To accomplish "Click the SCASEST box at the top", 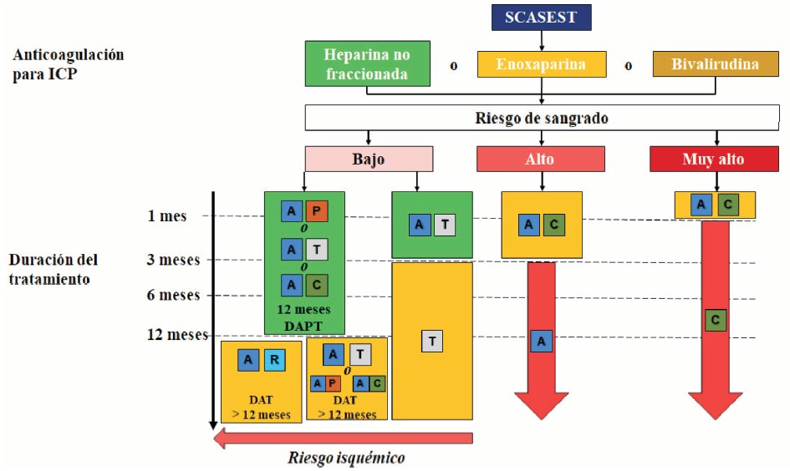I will [541, 18].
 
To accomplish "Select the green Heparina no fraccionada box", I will [368, 64].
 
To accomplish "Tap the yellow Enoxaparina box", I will [542, 64].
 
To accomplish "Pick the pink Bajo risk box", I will [368, 159].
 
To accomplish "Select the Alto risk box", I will [541, 159].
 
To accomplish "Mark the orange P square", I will [316, 212].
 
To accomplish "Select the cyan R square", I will [274, 360].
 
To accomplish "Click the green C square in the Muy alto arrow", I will [714, 320].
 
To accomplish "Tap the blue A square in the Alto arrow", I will [542, 341].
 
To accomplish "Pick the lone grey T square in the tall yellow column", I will [431, 341].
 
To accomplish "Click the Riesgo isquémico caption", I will [346, 458].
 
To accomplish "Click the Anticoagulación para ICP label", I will [68, 63].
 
